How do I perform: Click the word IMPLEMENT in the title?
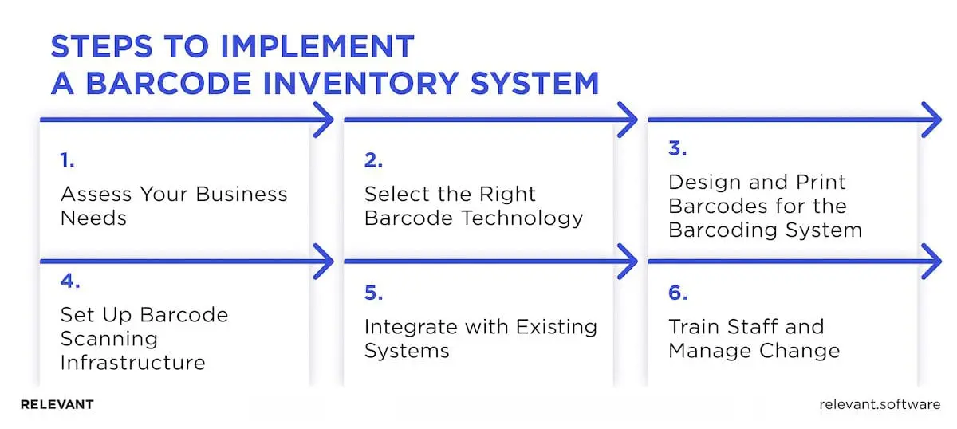317,46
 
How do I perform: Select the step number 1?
68,160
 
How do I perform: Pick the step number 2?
373,160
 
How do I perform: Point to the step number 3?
678,148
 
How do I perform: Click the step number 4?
70,281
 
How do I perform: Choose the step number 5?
374,293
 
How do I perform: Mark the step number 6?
679,293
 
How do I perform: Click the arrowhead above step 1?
324,120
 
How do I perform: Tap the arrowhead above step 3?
931,120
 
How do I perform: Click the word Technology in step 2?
523,218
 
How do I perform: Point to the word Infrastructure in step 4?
133,363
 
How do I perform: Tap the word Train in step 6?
695,327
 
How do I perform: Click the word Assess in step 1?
96,195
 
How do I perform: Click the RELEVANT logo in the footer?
57,404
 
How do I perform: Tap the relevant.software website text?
880,404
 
